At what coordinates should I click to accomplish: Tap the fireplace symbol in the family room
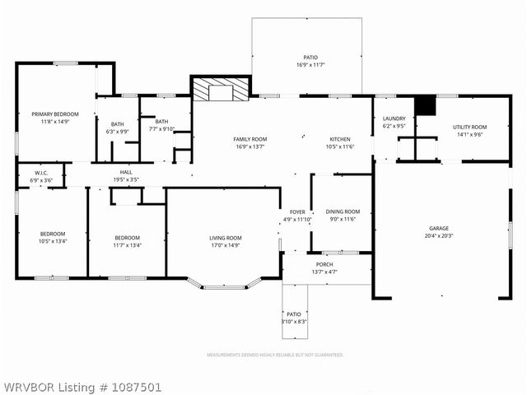pyautogui.click(x=219, y=91)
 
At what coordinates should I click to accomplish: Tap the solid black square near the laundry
pyautogui.click(x=423, y=106)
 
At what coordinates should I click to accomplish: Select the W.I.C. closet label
pyautogui.click(x=40, y=176)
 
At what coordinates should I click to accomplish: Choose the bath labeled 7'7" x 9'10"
pyautogui.click(x=161, y=128)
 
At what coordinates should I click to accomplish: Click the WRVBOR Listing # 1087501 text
pyautogui.click(x=82, y=386)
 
